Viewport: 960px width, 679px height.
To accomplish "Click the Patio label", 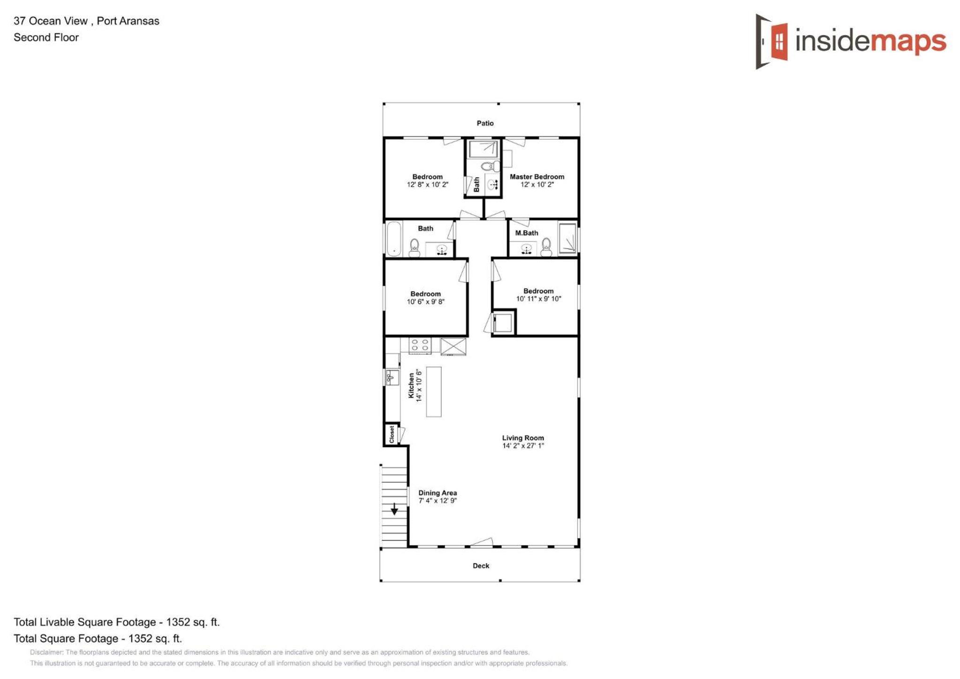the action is pyautogui.click(x=485, y=123).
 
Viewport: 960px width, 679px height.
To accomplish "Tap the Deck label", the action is pyautogui.click(x=481, y=566).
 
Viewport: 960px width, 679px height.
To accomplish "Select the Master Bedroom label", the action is pyautogui.click(x=537, y=177).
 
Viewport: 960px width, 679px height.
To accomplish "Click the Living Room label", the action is pyautogui.click(x=523, y=438).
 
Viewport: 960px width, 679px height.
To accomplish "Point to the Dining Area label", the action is pyautogui.click(x=438, y=493).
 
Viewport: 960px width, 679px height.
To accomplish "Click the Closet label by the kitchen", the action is pyautogui.click(x=392, y=434).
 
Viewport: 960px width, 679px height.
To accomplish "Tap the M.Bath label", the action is pyautogui.click(x=527, y=233).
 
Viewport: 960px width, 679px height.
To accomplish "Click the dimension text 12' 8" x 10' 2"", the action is pyautogui.click(x=427, y=185).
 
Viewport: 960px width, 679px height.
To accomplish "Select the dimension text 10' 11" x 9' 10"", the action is pyautogui.click(x=538, y=299).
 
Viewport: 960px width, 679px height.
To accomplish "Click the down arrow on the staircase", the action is pyautogui.click(x=394, y=509).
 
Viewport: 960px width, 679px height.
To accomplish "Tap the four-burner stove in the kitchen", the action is pyautogui.click(x=420, y=345).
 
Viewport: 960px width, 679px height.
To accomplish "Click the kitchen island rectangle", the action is pyautogui.click(x=434, y=392).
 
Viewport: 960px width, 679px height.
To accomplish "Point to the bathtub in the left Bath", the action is pyautogui.click(x=394, y=239).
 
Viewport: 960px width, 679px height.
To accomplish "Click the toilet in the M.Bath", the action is pyautogui.click(x=546, y=247).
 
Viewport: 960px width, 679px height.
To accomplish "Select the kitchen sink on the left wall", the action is pyautogui.click(x=392, y=377).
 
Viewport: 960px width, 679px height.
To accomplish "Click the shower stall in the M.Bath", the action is pyautogui.click(x=567, y=239).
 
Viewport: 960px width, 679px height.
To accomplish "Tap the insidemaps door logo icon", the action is pyautogui.click(x=771, y=41).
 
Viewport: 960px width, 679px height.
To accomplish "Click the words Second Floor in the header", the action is pyautogui.click(x=46, y=38).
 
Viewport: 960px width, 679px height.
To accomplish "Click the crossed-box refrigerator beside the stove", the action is pyautogui.click(x=453, y=347).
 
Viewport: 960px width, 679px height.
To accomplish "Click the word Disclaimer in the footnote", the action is pyautogui.click(x=46, y=652).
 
